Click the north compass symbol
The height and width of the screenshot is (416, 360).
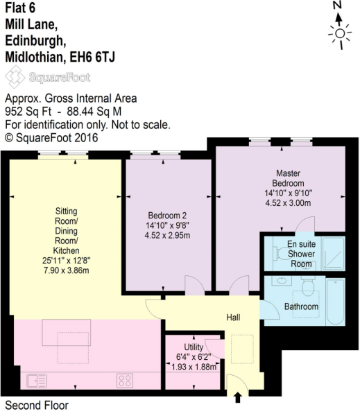click(339, 32)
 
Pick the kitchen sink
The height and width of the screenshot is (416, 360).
click(36, 381)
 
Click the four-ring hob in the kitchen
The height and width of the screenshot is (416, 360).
click(125, 380)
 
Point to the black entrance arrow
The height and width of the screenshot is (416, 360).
click(239, 397)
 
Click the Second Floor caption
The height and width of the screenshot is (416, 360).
click(37, 405)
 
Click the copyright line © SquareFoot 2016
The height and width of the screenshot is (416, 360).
click(52, 137)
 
